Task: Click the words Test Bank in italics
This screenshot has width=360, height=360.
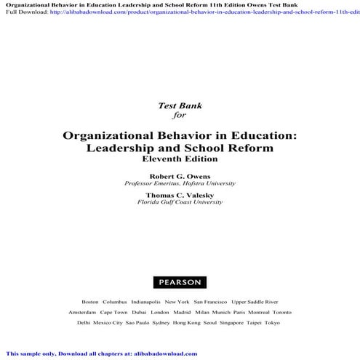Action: [x=180, y=105]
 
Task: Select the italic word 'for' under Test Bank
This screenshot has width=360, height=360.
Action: [x=180, y=113]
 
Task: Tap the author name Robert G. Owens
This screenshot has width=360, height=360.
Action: [x=180, y=176]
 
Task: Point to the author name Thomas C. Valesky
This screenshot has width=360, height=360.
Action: [x=180, y=195]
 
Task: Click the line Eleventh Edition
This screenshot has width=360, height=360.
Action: [x=180, y=159]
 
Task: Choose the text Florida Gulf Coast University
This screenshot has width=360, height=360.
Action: [x=180, y=202]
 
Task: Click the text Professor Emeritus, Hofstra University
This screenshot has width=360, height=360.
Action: [x=180, y=183]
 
